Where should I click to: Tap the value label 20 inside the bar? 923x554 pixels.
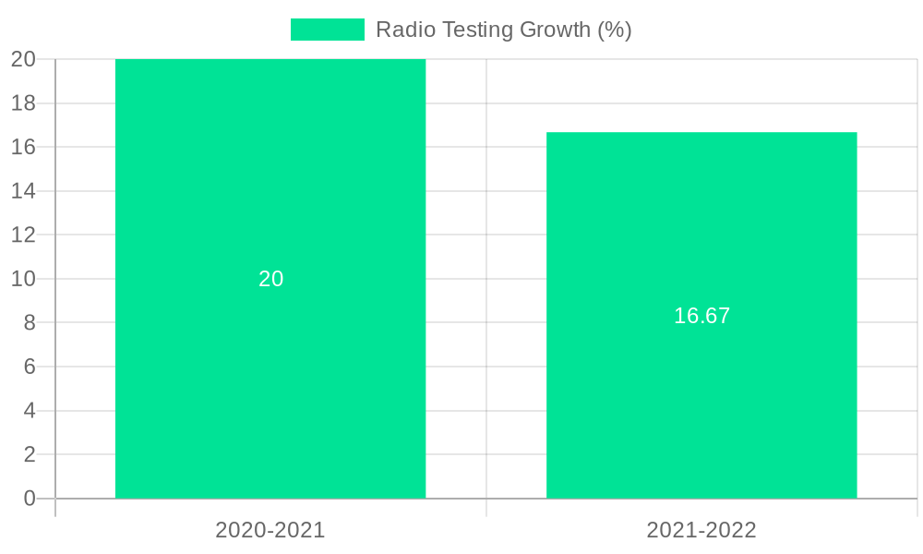(270, 279)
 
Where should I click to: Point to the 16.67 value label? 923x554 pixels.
(701, 316)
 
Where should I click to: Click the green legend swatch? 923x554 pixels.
(327, 30)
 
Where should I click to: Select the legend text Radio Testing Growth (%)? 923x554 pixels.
(503, 30)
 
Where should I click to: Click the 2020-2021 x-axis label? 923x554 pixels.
(270, 530)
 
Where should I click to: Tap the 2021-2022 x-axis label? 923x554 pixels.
(701, 530)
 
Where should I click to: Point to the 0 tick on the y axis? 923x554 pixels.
(30, 499)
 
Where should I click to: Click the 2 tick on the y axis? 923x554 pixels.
(30, 454)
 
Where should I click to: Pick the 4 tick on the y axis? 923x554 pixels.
(30, 410)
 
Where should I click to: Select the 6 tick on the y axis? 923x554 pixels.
(30, 367)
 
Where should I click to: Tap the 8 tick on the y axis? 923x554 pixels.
(30, 322)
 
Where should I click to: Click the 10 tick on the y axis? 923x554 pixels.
(24, 279)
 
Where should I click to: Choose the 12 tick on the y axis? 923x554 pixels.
(24, 235)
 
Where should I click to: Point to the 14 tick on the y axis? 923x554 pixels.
(24, 191)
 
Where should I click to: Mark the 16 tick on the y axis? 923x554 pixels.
(24, 147)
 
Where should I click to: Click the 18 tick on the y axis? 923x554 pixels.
(24, 103)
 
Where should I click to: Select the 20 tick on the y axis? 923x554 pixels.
(24, 59)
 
